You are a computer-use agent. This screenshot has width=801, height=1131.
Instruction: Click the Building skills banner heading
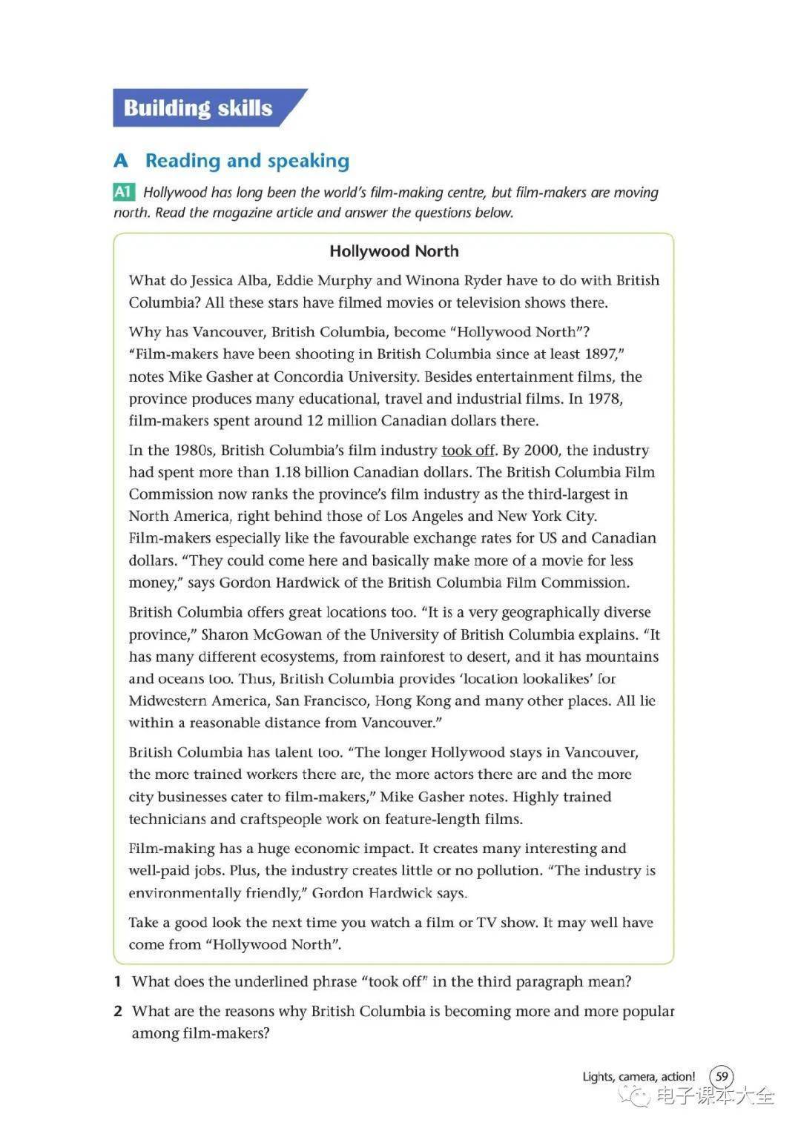[x=198, y=108]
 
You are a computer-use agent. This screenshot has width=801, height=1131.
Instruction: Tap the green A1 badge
[x=123, y=193]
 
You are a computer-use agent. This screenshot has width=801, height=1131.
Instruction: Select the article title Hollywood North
[x=394, y=251]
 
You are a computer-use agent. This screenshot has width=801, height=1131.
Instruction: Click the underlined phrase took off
[x=467, y=450]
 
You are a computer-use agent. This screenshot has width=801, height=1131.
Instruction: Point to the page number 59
[x=722, y=1076]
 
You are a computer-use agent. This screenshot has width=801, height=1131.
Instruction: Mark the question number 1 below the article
[x=117, y=981]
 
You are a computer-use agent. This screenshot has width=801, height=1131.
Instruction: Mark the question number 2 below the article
[x=117, y=1011]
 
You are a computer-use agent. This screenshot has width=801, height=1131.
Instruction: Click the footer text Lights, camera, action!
[x=639, y=1076]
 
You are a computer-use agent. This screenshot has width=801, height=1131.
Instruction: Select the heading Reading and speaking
[x=247, y=161]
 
